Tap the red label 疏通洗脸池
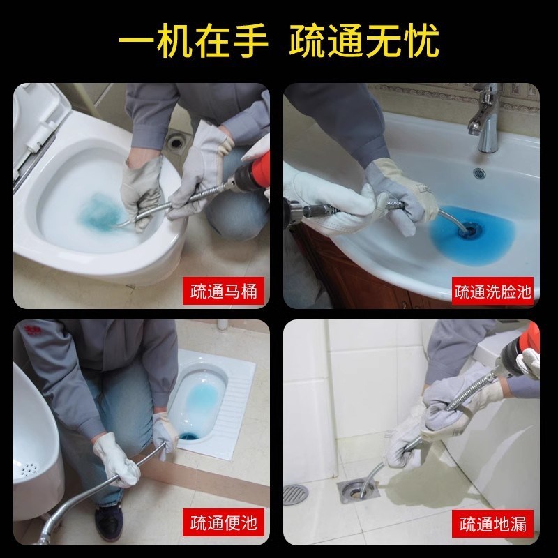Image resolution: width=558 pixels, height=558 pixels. tap(493, 291)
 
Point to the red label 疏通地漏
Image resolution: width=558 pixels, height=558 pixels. tap(493, 521)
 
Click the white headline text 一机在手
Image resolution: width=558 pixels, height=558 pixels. tap(193, 40)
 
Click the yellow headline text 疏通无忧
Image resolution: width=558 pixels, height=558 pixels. tap(364, 40)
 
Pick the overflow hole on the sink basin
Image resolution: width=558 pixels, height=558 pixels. tap(481, 172)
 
